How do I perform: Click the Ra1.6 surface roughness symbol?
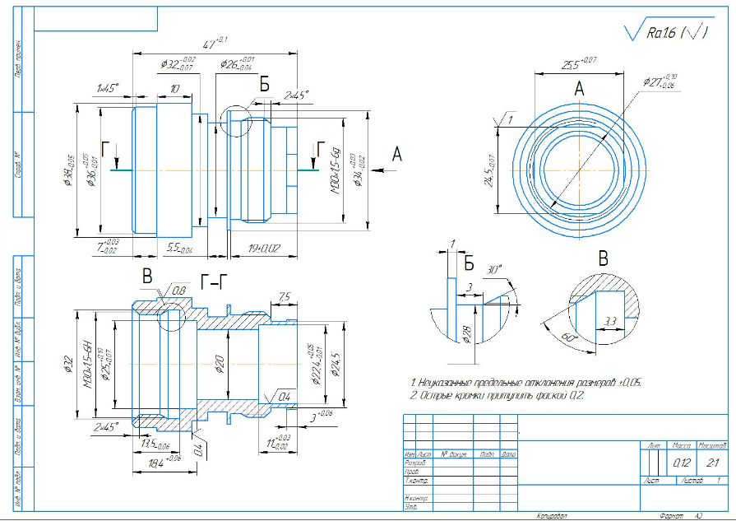point(662,33)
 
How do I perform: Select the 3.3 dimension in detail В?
point(609,320)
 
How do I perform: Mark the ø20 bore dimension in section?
point(219,363)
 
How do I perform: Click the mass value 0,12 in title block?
point(682,463)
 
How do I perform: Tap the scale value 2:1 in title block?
point(711,463)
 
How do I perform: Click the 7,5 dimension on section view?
point(285,297)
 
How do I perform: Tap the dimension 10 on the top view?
point(174,88)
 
